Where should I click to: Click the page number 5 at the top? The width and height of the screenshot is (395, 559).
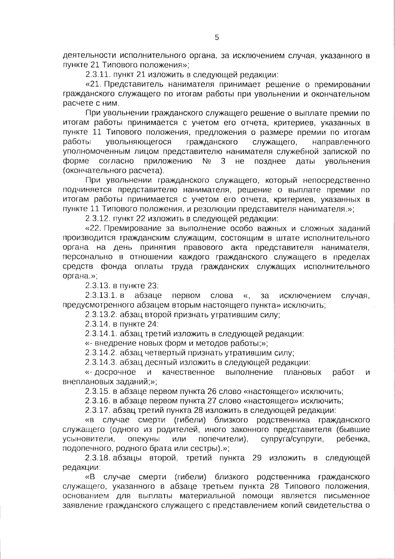217,38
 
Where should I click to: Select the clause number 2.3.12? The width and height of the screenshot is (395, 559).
97,219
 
